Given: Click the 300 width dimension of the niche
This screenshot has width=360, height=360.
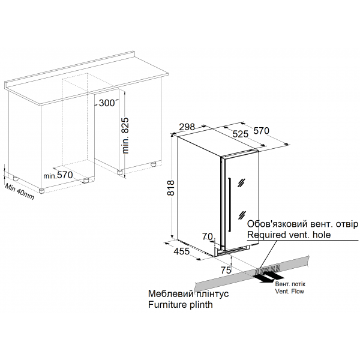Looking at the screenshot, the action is click(x=107, y=103).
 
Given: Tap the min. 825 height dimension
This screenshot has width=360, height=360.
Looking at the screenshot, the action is click(x=125, y=135).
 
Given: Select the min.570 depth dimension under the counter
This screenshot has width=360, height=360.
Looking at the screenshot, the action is click(x=58, y=175).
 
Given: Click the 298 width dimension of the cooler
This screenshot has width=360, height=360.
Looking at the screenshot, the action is click(x=187, y=127).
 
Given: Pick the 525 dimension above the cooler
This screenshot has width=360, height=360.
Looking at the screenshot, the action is click(x=241, y=134).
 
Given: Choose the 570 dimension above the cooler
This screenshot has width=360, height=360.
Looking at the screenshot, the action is click(x=261, y=131).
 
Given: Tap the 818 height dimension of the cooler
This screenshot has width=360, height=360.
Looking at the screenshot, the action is click(x=171, y=188).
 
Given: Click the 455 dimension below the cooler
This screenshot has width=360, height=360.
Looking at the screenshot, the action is click(x=182, y=251).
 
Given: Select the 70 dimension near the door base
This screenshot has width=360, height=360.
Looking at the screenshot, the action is click(x=208, y=236).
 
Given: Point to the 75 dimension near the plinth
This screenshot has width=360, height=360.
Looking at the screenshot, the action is click(x=226, y=270).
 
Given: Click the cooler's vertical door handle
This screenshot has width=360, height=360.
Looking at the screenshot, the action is click(x=230, y=205).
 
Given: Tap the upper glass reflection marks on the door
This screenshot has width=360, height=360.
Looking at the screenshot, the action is click(x=242, y=182).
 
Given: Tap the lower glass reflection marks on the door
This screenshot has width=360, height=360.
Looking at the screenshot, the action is click(x=242, y=215).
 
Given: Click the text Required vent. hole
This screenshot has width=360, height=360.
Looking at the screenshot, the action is click(x=289, y=235).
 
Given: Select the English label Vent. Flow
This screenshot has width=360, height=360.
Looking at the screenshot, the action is click(x=290, y=292).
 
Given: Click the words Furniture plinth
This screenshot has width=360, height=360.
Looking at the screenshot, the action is click(x=181, y=305).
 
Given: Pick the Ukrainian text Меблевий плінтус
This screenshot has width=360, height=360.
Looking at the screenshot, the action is click(x=188, y=293).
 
